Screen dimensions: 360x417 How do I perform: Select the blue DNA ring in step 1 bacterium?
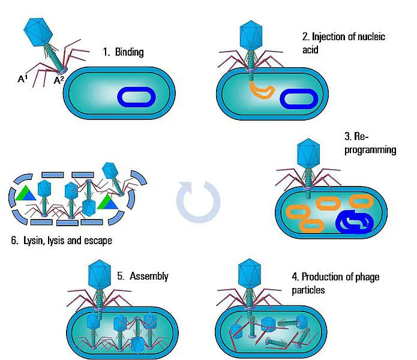tap(137, 97)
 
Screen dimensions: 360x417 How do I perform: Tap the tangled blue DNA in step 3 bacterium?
tap(355, 223)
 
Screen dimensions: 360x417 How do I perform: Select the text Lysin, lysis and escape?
tap(61, 241)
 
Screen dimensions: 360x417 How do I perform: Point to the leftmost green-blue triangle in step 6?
tap(25, 193)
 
